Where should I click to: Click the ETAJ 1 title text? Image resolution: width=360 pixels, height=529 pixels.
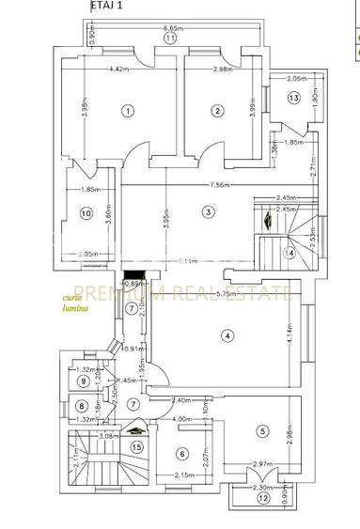click(x=108, y=6)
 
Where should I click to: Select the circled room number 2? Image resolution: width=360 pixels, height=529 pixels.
click(x=217, y=111)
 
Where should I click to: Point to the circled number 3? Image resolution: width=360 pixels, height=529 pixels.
click(x=208, y=211)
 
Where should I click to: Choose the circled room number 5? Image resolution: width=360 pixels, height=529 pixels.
click(x=263, y=431)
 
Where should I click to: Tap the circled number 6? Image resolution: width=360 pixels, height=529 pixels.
click(x=181, y=454)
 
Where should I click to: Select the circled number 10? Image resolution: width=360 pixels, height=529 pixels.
click(x=86, y=214)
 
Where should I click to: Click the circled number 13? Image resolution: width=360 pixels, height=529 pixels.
click(x=293, y=98)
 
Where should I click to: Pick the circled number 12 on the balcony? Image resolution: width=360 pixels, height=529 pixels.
click(x=263, y=497)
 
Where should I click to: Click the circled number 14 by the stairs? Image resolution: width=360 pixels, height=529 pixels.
click(x=290, y=253)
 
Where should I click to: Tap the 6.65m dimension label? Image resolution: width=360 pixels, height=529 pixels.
click(x=169, y=29)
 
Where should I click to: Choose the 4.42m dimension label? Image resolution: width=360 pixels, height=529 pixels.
click(x=118, y=69)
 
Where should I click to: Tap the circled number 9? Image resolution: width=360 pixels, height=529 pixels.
click(x=84, y=381)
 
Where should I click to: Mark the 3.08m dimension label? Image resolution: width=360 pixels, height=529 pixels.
click(x=105, y=436)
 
